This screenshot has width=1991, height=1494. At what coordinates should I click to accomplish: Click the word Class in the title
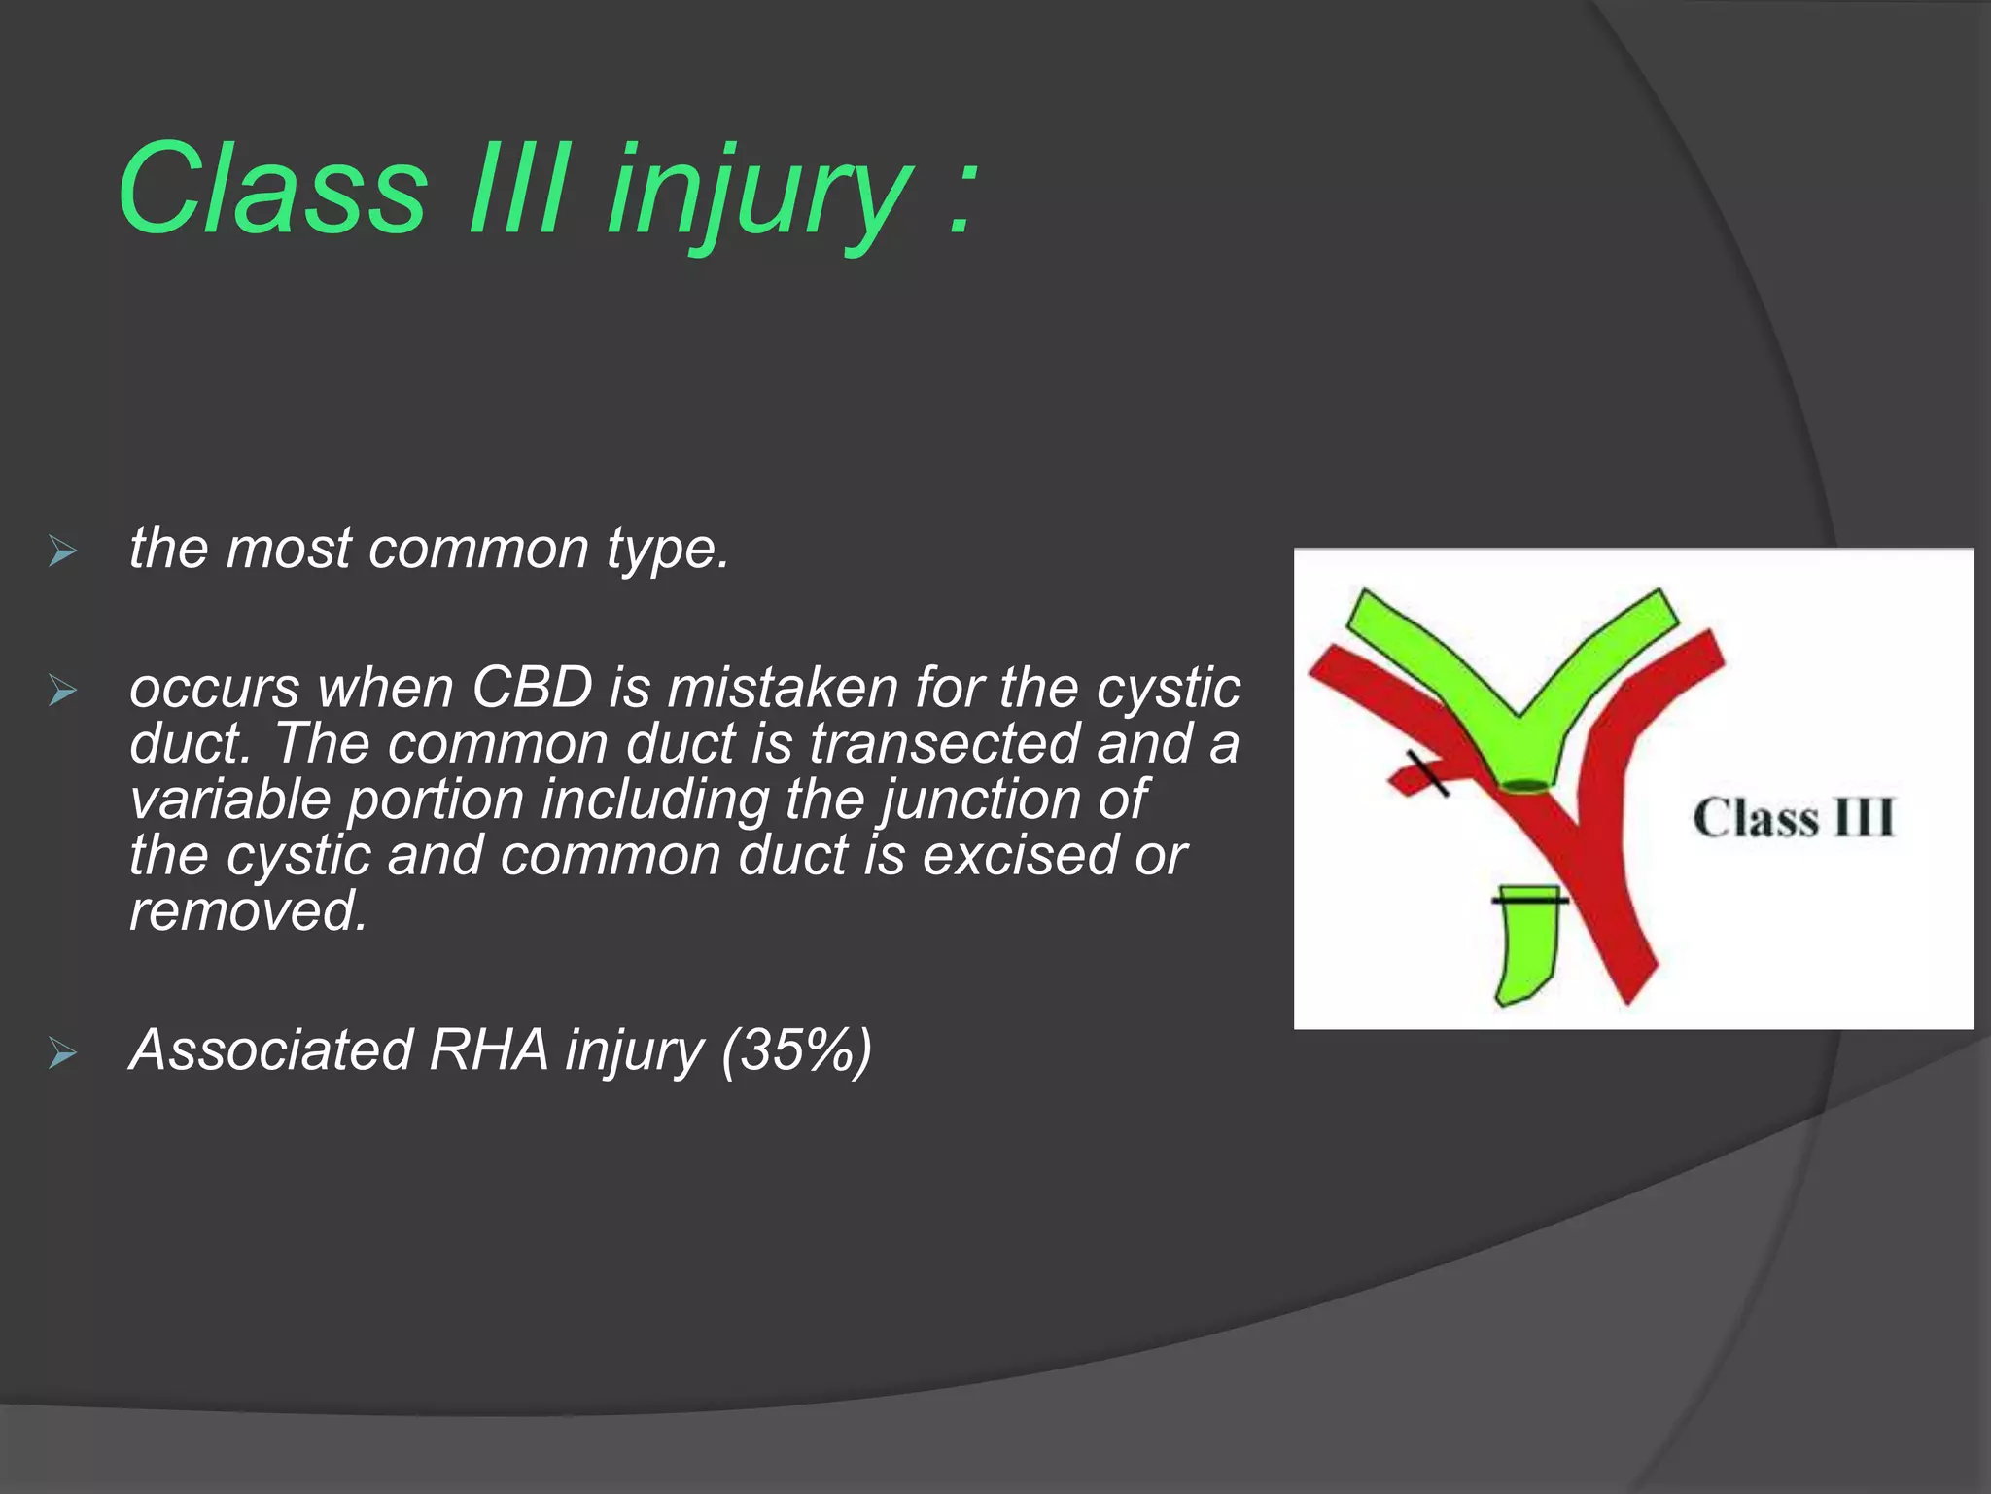coord(272,190)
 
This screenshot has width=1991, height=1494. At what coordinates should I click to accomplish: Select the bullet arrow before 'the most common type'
coord(62,552)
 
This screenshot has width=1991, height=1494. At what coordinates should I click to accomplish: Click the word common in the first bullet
coord(478,549)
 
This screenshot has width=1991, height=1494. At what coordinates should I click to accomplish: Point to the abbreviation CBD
coord(532,688)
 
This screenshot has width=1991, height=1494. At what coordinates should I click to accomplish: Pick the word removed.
coord(248,911)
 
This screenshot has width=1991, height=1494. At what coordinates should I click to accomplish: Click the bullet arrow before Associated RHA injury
coord(62,1053)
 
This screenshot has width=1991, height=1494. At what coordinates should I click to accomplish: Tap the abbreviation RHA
coord(488,1050)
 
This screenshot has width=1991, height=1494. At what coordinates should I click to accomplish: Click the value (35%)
coord(796,1050)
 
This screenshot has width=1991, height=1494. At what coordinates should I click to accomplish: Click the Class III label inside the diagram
coord(1794,818)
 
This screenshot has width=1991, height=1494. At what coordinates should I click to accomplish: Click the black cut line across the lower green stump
coord(1529,901)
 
